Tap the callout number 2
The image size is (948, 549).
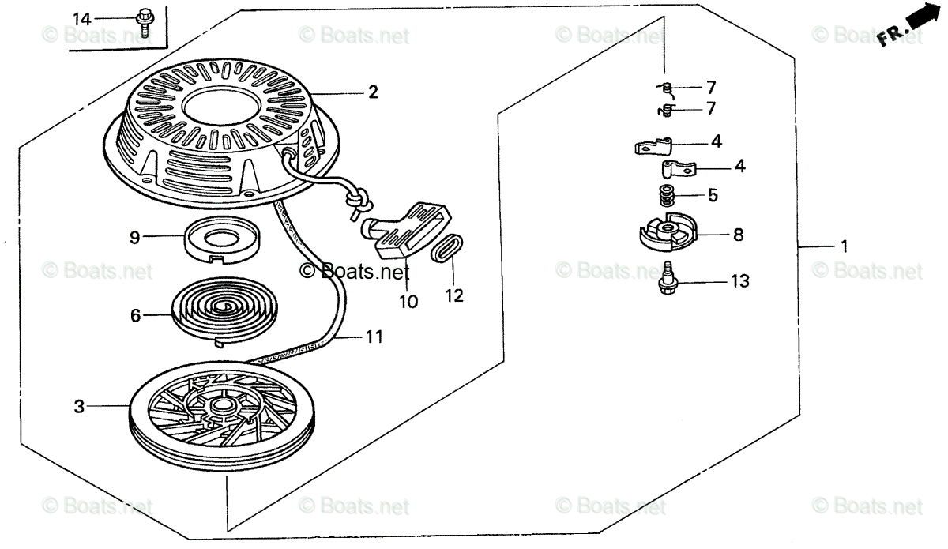pyautogui.click(x=372, y=92)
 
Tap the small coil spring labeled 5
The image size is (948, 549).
pyautogui.click(x=665, y=193)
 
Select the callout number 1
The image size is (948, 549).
pyautogui.click(x=844, y=247)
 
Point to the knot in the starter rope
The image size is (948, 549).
pyautogui.click(x=357, y=201)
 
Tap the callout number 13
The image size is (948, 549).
pyautogui.click(x=739, y=281)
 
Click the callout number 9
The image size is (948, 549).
pyautogui.click(x=134, y=237)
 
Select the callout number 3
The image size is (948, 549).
pyautogui.click(x=79, y=407)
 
